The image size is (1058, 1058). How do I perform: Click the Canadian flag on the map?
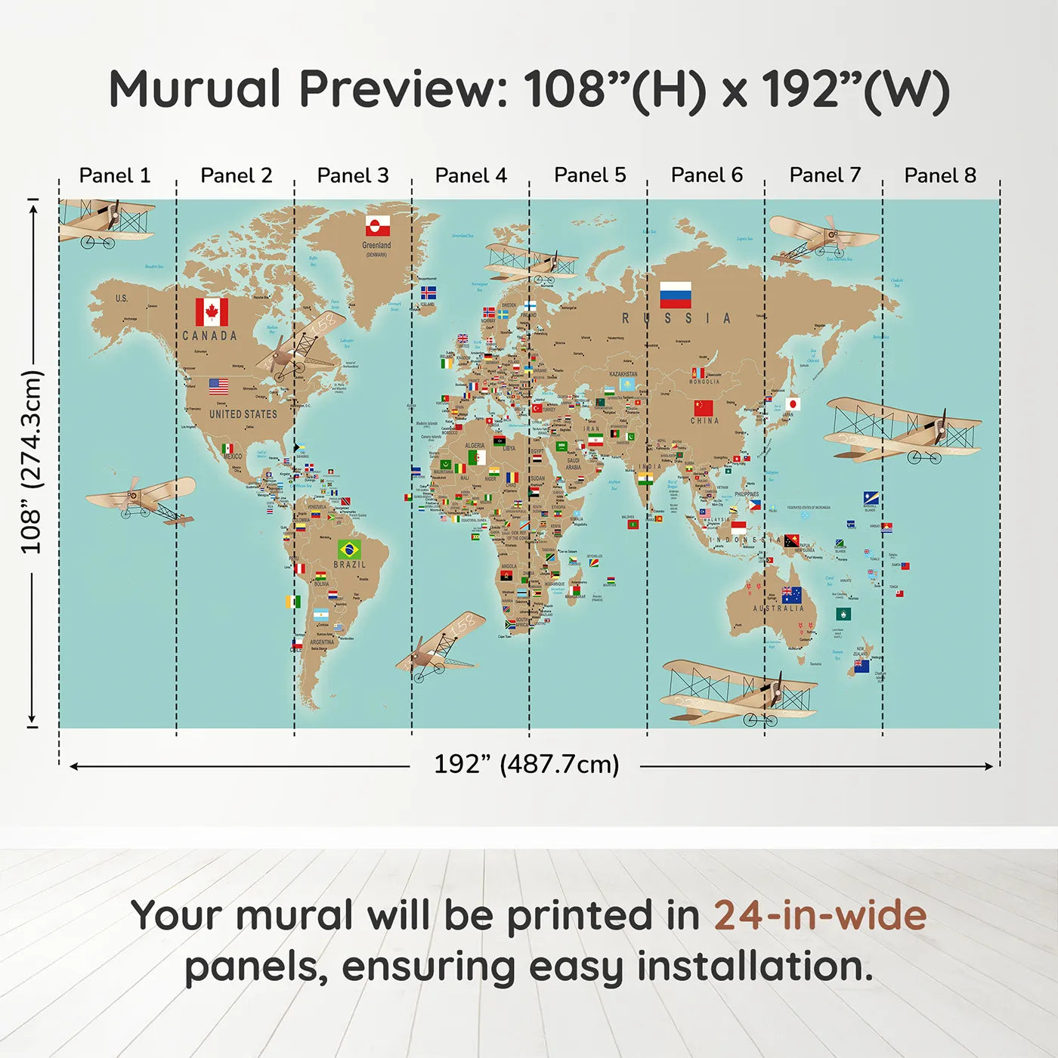(212, 311)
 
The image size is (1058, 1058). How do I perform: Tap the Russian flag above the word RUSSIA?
(675, 295)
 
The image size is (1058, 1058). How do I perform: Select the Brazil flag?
(349, 549)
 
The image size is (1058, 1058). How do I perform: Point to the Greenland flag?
(378, 226)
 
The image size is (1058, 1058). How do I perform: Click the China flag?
(703, 408)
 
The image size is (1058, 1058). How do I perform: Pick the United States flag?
(218, 387)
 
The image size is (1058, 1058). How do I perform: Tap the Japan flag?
(793, 404)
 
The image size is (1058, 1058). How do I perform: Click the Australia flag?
(791, 595)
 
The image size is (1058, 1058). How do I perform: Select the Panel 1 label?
(115, 175)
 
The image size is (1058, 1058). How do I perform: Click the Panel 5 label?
(590, 175)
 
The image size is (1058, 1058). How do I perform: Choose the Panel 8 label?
(940, 175)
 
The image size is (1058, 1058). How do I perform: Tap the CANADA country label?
(209, 336)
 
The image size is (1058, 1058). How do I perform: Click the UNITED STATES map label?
(243, 414)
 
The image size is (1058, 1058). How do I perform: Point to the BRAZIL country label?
(349, 565)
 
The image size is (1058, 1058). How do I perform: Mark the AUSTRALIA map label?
(778, 608)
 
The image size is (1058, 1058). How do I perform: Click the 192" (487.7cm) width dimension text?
(526, 764)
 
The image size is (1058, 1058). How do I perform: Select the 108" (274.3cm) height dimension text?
(31, 462)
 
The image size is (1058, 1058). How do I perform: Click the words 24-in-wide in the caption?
(820, 915)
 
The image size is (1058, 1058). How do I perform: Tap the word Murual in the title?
(195, 89)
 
